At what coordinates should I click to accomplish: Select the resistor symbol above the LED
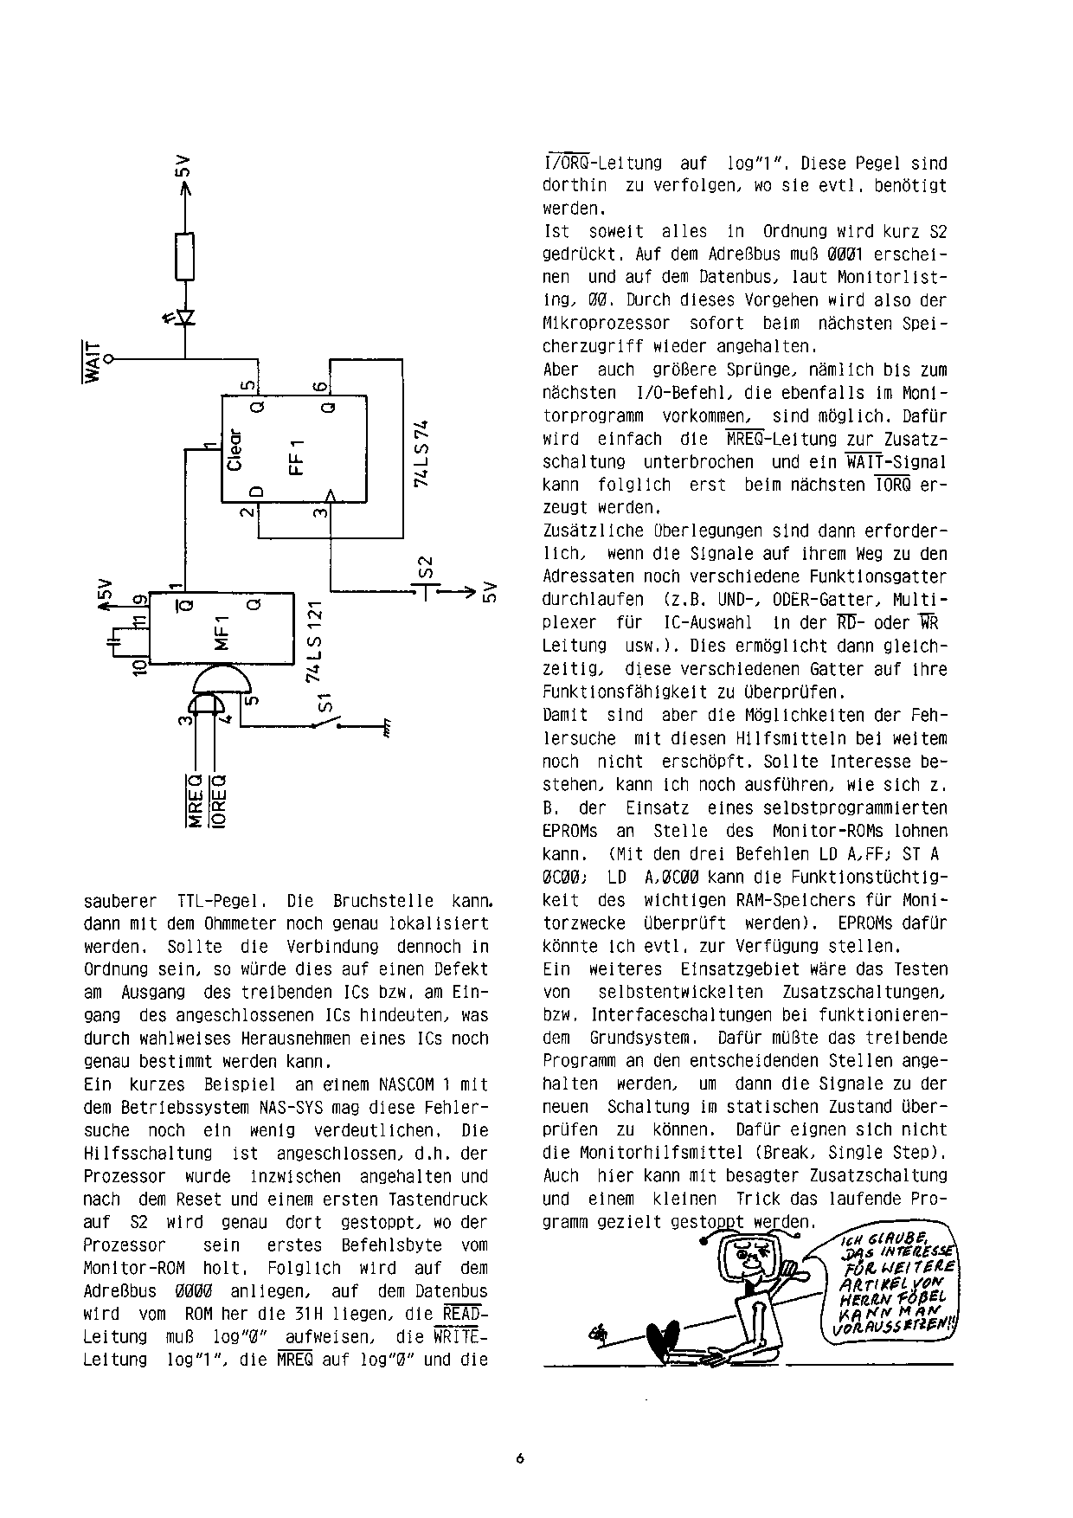coord(184,256)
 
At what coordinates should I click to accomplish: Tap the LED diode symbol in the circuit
coord(184,317)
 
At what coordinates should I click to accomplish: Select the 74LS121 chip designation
coord(316,641)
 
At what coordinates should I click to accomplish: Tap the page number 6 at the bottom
coord(520,1457)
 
